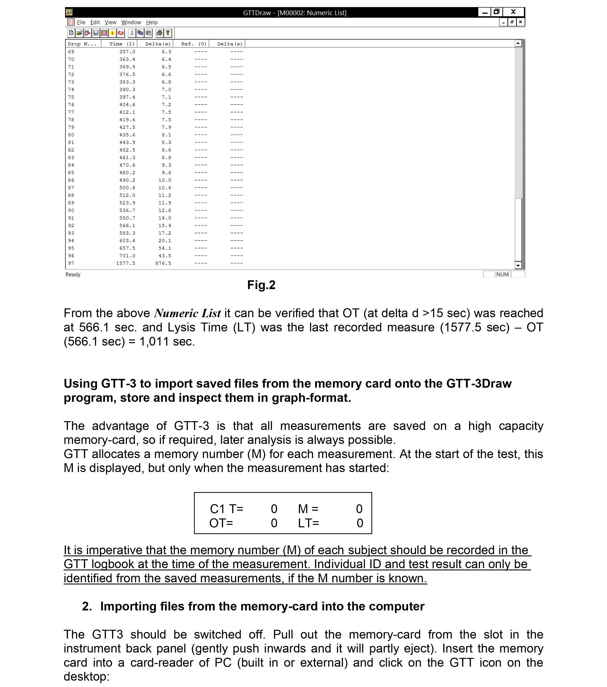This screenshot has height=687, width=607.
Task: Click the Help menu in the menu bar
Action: point(152,22)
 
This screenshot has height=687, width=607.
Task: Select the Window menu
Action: point(131,22)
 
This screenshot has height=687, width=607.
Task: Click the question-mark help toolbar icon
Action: point(168,33)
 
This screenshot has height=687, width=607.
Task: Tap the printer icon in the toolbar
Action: point(160,33)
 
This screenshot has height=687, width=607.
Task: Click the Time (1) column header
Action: point(122,44)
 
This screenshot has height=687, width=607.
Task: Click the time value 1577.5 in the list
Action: point(126,263)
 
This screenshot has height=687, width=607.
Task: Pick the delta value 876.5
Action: point(163,263)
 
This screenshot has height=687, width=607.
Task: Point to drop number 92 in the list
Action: point(71,225)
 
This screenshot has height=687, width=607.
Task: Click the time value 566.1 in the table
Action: point(127,225)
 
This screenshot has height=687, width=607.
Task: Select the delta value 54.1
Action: point(165,248)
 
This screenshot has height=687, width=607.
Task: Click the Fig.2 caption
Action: point(261,285)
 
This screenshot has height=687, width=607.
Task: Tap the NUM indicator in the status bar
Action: point(503,274)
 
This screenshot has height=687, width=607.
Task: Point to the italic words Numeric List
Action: point(187,313)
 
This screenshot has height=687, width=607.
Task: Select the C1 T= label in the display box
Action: point(226,509)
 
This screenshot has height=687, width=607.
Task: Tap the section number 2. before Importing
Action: point(87,606)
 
